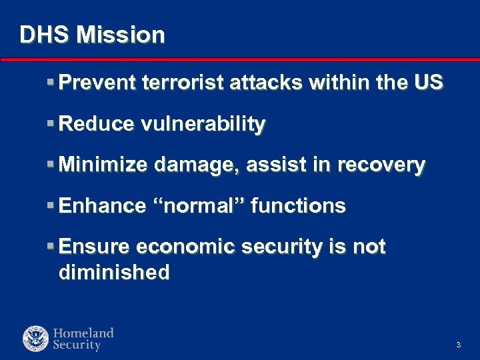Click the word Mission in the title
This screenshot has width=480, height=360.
pyautogui.click(x=121, y=35)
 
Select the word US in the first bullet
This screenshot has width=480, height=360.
pyautogui.click(x=428, y=83)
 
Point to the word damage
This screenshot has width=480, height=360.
pyautogui.click(x=197, y=165)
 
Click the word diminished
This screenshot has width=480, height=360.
pyautogui.click(x=114, y=272)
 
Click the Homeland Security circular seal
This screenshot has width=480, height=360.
pyautogui.click(x=35, y=339)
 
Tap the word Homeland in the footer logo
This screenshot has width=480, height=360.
pyautogui.click(x=83, y=333)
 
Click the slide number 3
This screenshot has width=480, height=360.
pyautogui.click(x=459, y=345)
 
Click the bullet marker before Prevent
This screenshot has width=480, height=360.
pyautogui.click(x=51, y=83)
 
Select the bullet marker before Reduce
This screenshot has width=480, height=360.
pyautogui.click(x=51, y=124)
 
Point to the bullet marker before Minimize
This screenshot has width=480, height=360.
pyautogui.click(x=51, y=165)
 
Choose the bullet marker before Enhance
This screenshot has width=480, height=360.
pyautogui.click(x=51, y=206)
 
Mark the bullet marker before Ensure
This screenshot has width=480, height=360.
pyautogui.click(x=51, y=247)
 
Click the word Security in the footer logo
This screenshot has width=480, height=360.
pyautogui.click(x=77, y=345)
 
